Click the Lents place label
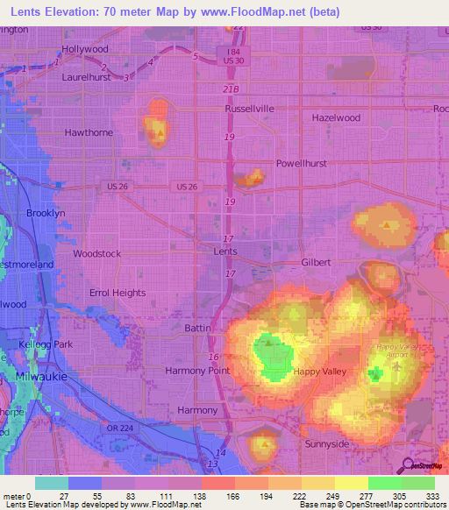[x=225, y=251]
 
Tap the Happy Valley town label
[x=318, y=372]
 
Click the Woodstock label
[x=96, y=253]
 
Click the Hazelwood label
[x=336, y=117]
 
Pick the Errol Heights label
[x=118, y=293]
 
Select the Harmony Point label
[x=197, y=371]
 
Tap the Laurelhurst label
[x=87, y=77]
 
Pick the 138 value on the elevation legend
[x=186, y=495]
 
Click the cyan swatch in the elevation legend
[x=51, y=483]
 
